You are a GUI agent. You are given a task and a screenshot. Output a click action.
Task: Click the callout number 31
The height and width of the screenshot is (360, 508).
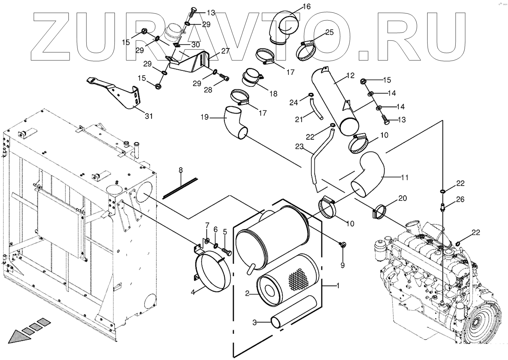click(149, 116)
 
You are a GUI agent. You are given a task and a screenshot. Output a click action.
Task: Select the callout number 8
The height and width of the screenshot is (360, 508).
click(181, 170)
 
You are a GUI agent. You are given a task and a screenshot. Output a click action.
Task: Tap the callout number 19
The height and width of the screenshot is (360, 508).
click(204, 117)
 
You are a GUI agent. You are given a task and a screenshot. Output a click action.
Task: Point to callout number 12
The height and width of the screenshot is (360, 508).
click(350, 76)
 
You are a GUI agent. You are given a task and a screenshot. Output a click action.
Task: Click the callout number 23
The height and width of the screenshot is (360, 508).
click(299, 147)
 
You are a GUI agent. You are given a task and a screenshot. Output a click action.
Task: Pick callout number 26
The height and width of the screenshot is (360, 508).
click(460, 199)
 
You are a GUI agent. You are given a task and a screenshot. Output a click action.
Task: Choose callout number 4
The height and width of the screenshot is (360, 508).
click(193, 292)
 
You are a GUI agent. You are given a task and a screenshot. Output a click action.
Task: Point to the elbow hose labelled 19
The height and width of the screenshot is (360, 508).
click(235, 122)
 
